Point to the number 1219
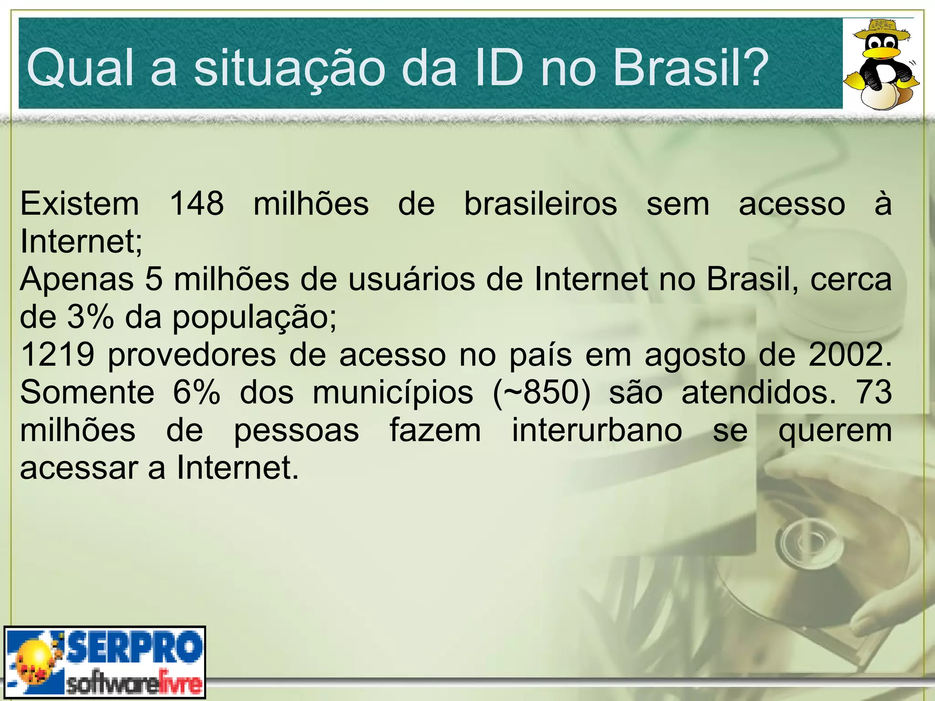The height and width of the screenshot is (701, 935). click(x=58, y=354)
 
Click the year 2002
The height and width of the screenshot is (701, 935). click(x=849, y=354)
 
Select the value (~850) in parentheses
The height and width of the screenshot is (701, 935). click(x=541, y=392)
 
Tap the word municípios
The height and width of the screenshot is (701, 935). click(x=393, y=392)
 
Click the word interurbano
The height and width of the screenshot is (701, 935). click(x=597, y=430)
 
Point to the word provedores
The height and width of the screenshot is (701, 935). click(x=192, y=355)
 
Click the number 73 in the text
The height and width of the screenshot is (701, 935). click(x=874, y=392)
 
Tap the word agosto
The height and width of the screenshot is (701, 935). click(x=697, y=355)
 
